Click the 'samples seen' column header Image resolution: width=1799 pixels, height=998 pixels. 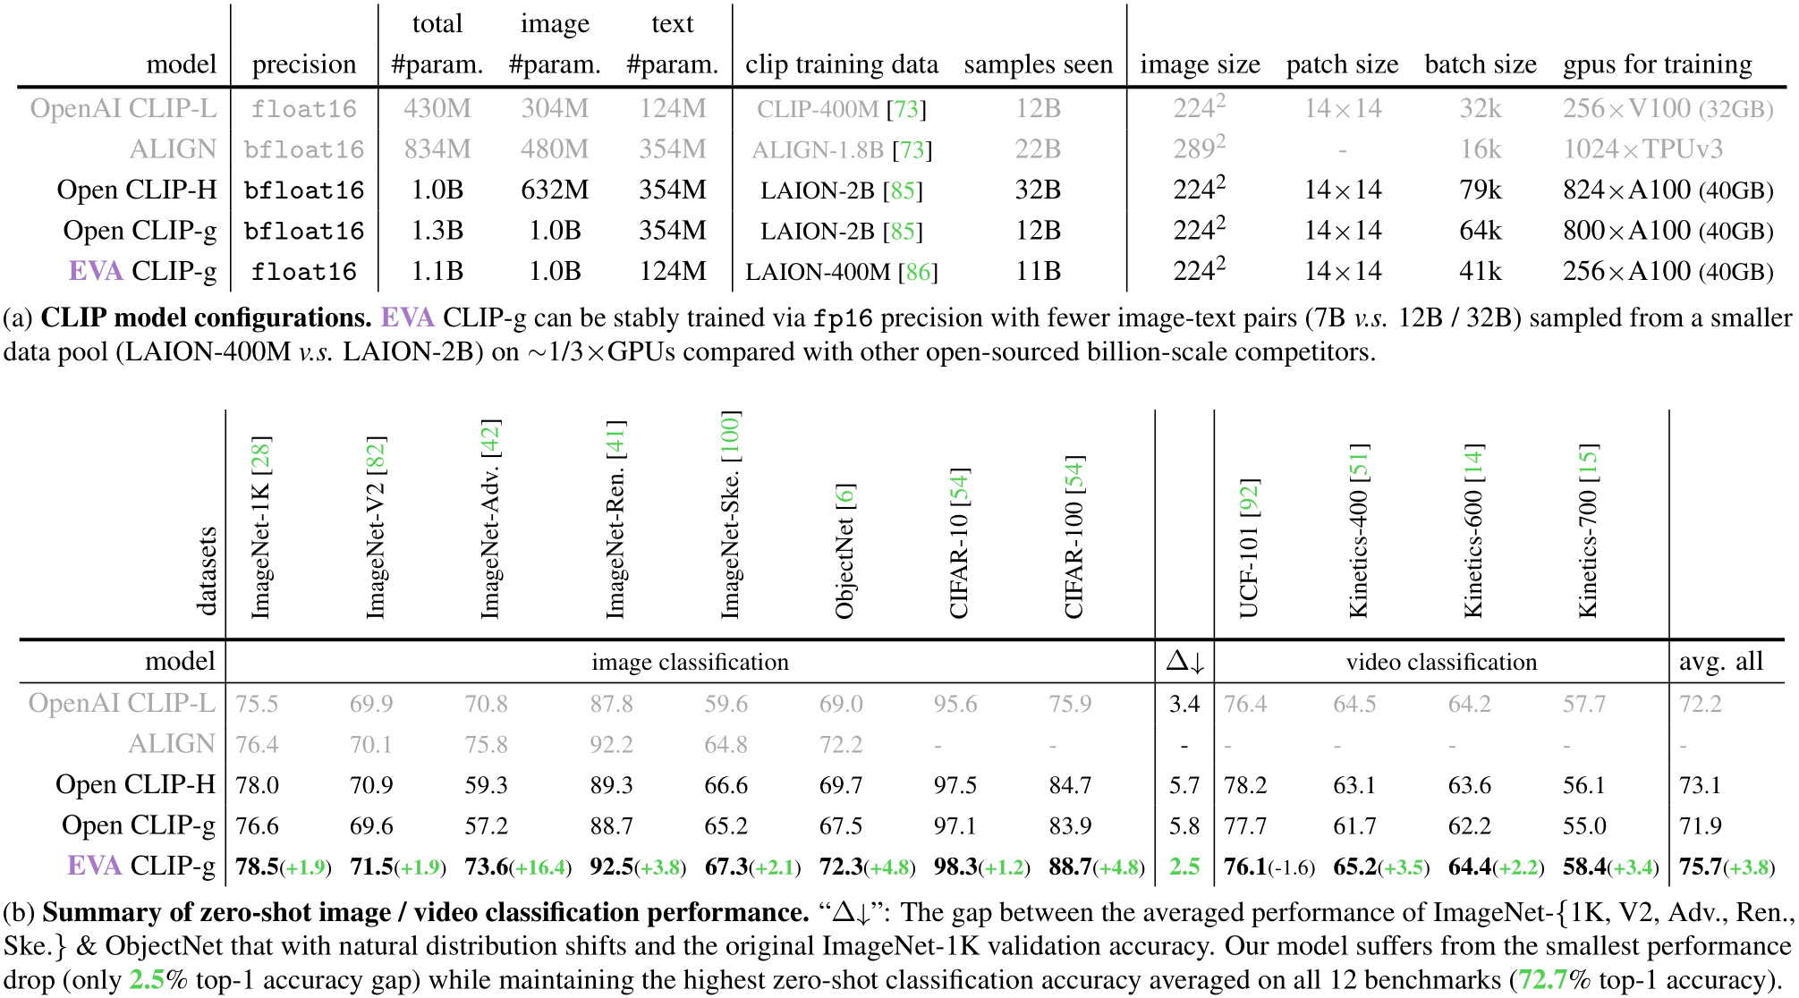[1038, 64]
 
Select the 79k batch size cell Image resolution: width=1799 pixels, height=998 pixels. [1480, 190]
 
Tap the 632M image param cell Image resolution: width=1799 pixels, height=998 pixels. [555, 190]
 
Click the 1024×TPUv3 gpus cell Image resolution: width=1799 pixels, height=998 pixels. [1642, 149]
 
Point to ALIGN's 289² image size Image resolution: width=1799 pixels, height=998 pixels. [1199, 148]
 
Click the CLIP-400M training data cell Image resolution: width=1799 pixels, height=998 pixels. [841, 109]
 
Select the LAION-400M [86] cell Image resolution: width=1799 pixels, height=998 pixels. [841, 272]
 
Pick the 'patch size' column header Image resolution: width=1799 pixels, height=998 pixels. [1342, 64]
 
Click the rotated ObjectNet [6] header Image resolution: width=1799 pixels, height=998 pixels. [844, 550]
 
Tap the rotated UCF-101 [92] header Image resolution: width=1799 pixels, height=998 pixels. [1249, 547]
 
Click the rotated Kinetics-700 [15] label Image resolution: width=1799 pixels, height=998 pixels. [1588, 529]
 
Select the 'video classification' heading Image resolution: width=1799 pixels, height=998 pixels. [1441, 662]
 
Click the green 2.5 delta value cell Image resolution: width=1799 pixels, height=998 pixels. [1184, 867]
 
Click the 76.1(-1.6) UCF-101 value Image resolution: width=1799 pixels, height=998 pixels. [1269, 867]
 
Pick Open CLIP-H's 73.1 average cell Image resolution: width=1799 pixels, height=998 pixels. [1700, 785]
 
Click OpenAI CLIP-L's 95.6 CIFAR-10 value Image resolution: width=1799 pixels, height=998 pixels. [955, 704]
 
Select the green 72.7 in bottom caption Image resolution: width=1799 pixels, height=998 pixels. [1542, 980]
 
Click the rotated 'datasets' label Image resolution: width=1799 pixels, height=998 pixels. [207, 571]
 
